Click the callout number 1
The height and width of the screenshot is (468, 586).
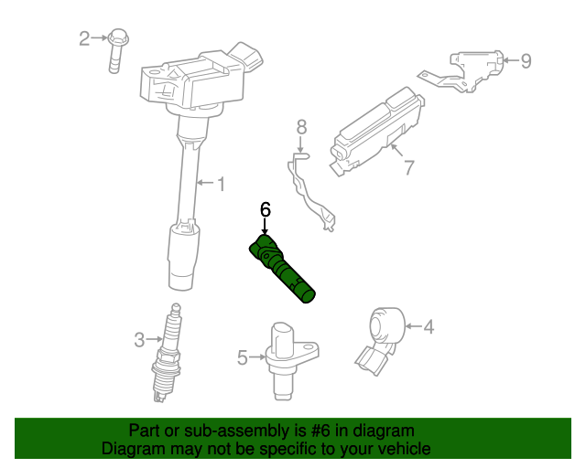[x=222, y=184]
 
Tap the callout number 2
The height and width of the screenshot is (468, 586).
[x=84, y=38]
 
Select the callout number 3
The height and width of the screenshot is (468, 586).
[x=139, y=340]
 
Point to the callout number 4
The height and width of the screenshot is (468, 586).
[x=429, y=326]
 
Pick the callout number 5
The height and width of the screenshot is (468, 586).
[x=243, y=357]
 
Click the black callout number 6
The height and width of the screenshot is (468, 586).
[x=265, y=209]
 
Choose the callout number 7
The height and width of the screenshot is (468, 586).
[x=409, y=167]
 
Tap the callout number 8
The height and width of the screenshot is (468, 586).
[x=301, y=127]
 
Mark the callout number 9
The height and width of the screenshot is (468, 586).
[x=526, y=61]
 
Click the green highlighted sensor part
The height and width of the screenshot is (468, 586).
[x=281, y=268]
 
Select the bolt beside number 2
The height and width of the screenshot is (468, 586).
[x=117, y=50]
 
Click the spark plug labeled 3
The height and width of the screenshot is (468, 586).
[x=167, y=353]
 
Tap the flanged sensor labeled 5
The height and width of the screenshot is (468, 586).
[x=288, y=360]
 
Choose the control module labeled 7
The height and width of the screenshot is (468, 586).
[x=376, y=132]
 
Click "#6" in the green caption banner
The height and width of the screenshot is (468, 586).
[x=320, y=431]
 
